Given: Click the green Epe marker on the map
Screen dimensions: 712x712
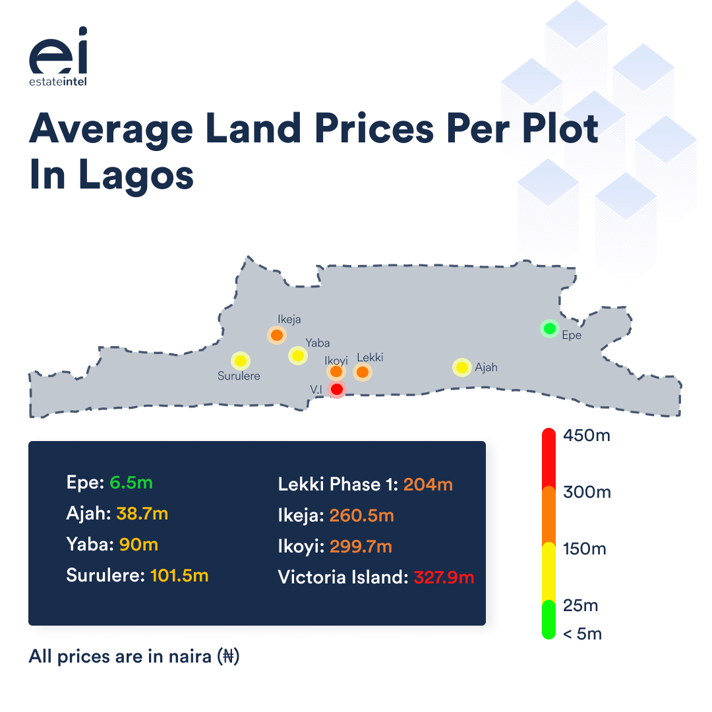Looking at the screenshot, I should [549, 328].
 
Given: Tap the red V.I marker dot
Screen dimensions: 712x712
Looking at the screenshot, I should [337, 390].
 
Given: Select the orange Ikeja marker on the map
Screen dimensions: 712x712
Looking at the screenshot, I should [277, 336].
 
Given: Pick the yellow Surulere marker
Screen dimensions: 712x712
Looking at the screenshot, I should [241, 361].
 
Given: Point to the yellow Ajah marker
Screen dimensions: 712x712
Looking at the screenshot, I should [462, 367].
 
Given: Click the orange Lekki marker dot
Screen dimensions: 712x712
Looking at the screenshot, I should [362, 372].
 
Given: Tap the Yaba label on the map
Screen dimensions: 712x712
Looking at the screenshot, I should [317, 343].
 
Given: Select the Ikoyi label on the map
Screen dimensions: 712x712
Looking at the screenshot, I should [336, 360].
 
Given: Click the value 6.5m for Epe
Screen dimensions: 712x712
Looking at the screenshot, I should [131, 483].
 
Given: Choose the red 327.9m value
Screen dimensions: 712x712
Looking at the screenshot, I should [443, 578].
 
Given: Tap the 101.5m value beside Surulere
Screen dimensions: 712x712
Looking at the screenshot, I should [179, 576].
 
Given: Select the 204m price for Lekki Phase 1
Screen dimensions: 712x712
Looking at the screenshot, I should [428, 485].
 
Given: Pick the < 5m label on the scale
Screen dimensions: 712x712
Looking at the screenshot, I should [582, 634].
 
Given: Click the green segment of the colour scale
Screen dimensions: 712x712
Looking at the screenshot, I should [548, 620].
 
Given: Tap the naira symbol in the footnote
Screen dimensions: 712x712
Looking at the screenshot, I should [229, 657].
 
